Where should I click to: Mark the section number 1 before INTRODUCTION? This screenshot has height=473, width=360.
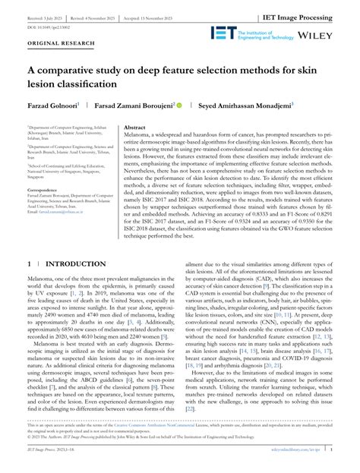click(x=30, y=264)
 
